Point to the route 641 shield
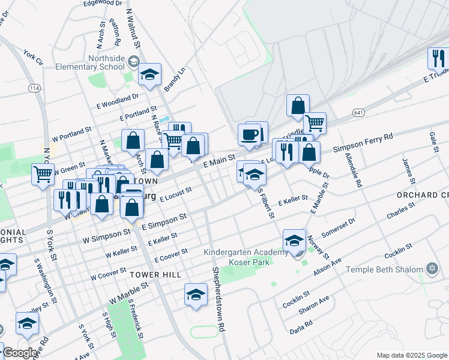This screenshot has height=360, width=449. click(359, 113)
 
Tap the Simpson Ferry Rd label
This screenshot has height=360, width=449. click(363, 144)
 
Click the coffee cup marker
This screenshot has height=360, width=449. click(249, 135)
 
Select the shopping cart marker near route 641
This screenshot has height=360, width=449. click(315, 123)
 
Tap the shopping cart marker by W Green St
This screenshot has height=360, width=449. click(43, 174)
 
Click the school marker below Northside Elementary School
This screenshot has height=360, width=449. click(150, 74)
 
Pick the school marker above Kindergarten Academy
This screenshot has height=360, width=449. click(294, 240)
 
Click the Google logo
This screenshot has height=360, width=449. click(20, 353)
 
